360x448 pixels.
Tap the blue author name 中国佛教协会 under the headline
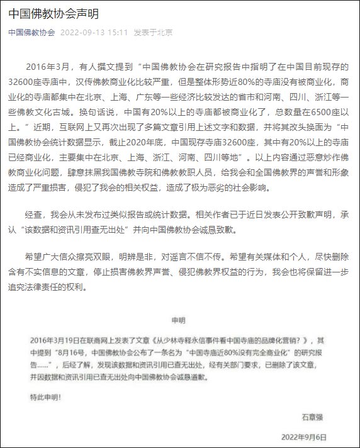click(x=31, y=33)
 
